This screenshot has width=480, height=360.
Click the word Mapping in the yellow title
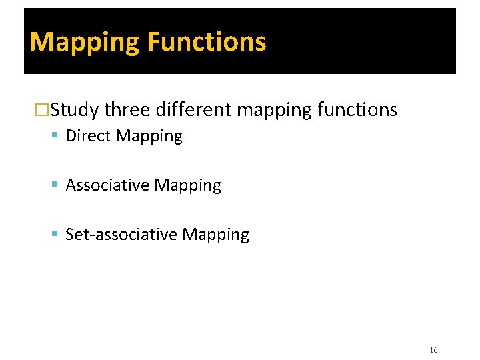pyautogui.click(x=85, y=42)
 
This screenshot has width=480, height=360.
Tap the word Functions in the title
pyautogui.click(x=206, y=42)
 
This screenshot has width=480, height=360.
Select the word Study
pyautogui.click(x=75, y=109)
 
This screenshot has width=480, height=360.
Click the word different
pyautogui.click(x=193, y=109)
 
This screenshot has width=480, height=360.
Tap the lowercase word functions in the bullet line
pyautogui.click(x=357, y=109)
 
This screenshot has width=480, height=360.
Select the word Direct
pyautogui.click(x=89, y=136)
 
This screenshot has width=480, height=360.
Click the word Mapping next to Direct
pyautogui.click(x=149, y=137)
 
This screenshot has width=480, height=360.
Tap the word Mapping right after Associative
pyautogui.click(x=187, y=186)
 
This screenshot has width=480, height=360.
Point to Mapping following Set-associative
pyautogui.click(x=215, y=235)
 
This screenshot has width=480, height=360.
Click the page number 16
pyautogui.click(x=433, y=350)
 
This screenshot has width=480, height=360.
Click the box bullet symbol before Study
pyautogui.click(x=42, y=110)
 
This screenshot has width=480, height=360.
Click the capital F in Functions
pyautogui.click(x=153, y=42)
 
